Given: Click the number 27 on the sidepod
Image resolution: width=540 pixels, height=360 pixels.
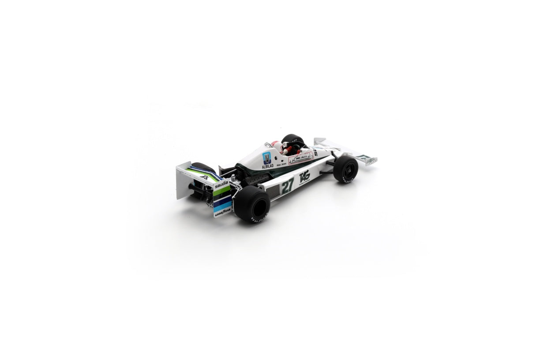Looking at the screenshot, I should tap(287, 185).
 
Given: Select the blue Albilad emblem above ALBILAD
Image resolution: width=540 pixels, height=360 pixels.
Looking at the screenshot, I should tap(266, 157).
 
